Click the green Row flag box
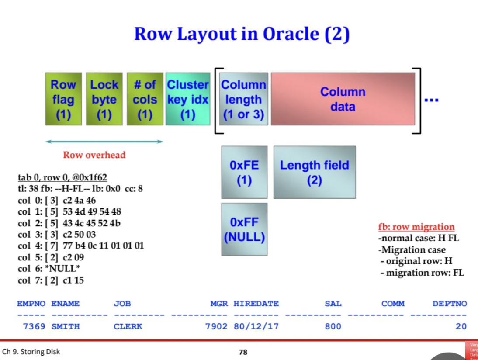[x=63, y=99]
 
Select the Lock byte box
[x=104, y=99]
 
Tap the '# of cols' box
[x=145, y=99]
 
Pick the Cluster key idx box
[x=188, y=99]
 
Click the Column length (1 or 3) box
[x=243, y=99]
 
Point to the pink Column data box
[x=343, y=99]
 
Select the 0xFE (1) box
[x=244, y=172]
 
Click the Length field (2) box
[x=315, y=172]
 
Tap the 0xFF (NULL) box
[x=244, y=229]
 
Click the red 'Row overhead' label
[x=94, y=155]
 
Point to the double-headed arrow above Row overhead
[x=104, y=142]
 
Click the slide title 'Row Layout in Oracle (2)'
[x=242, y=34]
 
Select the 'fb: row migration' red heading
[x=416, y=227]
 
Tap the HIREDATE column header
[x=256, y=304]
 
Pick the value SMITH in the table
[x=66, y=326]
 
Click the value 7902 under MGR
[x=216, y=326]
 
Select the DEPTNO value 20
[x=461, y=326]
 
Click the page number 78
[x=243, y=352]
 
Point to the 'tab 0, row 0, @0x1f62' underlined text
[x=62, y=178]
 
